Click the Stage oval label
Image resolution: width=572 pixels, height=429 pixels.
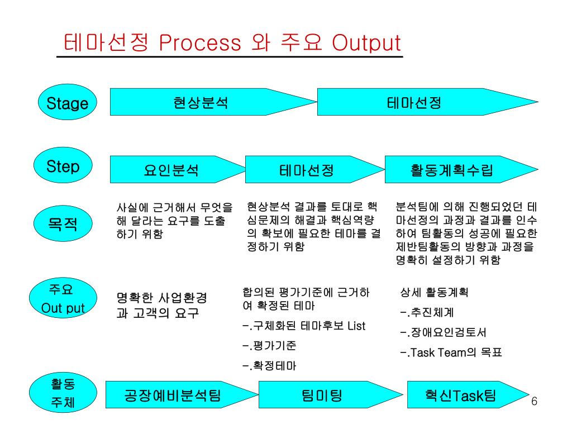67,103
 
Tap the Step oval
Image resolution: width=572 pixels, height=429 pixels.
63,166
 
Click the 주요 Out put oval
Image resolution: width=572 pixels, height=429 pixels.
63,299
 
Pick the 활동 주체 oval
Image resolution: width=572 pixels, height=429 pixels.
63,393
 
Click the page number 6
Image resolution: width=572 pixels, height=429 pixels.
534,402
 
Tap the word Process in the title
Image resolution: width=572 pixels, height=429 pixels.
200,43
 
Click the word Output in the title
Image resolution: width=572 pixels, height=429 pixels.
366,43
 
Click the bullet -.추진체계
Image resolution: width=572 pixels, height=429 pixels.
427,312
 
